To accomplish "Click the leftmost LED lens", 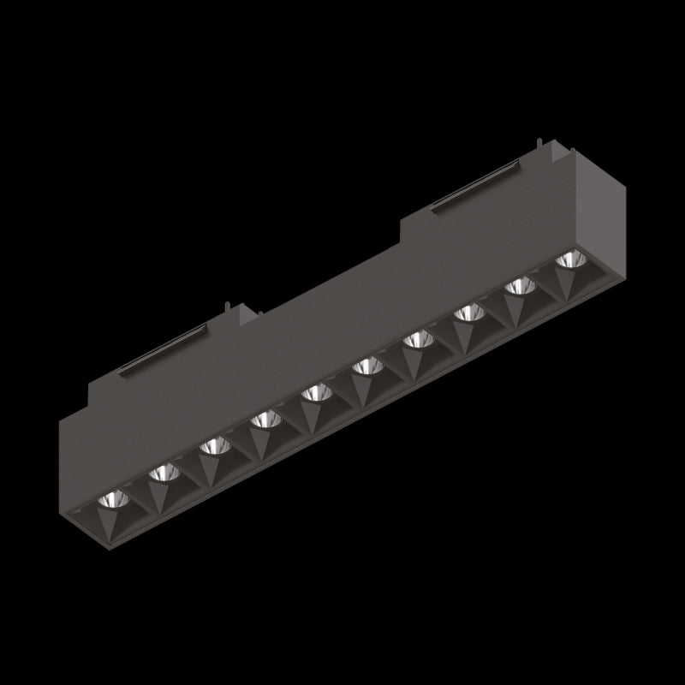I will coord(111,498).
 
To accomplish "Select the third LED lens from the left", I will coord(214,445).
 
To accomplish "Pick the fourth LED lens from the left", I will coord(265,419).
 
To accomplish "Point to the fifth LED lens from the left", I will coord(316,392).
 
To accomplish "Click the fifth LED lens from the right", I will coord(367,366).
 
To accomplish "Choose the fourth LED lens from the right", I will coord(418,340).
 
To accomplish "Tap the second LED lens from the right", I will coord(520,286).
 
